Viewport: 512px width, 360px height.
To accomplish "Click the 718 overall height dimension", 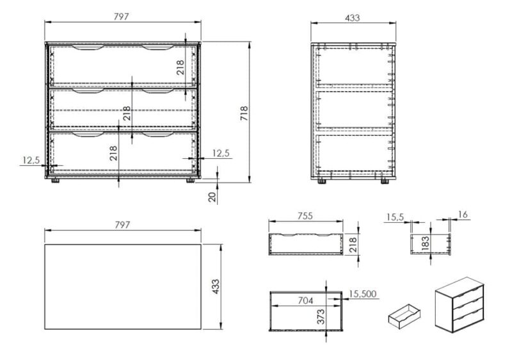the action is click(x=244, y=113).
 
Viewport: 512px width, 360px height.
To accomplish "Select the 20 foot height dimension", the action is click(x=212, y=197).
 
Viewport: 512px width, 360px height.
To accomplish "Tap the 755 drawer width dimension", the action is click(x=305, y=216).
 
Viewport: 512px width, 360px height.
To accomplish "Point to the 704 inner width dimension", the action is click(x=305, y=300).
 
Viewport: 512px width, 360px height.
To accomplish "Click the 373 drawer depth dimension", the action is click(x=321, y=316).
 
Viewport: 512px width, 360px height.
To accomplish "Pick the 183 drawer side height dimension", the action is click(x=425, y=243).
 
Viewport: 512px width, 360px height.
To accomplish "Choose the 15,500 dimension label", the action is click(x=362, y=293).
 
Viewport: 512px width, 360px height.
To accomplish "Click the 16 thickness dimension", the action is click(x=463, y=215).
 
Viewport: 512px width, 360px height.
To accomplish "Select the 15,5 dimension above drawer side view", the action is click(x=395, y=217).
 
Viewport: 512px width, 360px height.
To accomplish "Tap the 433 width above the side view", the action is click(x=353, y=18).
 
